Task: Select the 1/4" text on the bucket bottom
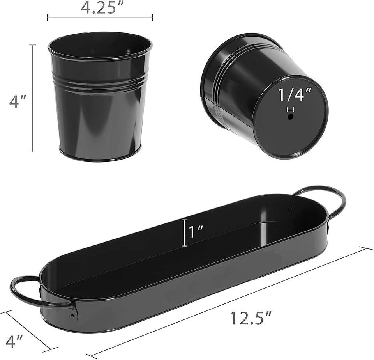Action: click(x=295, y=94)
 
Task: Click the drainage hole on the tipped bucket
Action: click(x=290, y=117)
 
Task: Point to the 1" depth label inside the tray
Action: click(x=196, y=232)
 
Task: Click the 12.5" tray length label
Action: click(x=251, y=318)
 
